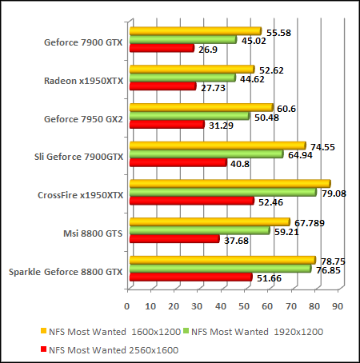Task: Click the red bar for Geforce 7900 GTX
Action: pos(162,49)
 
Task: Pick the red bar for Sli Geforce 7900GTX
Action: pos(178,163)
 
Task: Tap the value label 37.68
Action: pos(235,238)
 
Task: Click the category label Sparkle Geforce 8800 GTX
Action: pos(66,272)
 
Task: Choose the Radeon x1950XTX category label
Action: pos(83,81)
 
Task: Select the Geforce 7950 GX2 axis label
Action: pos(83,119)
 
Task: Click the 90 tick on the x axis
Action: pos(338,306)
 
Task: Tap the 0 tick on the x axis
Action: pos(127,306)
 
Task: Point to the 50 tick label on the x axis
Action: pos(244,306)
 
